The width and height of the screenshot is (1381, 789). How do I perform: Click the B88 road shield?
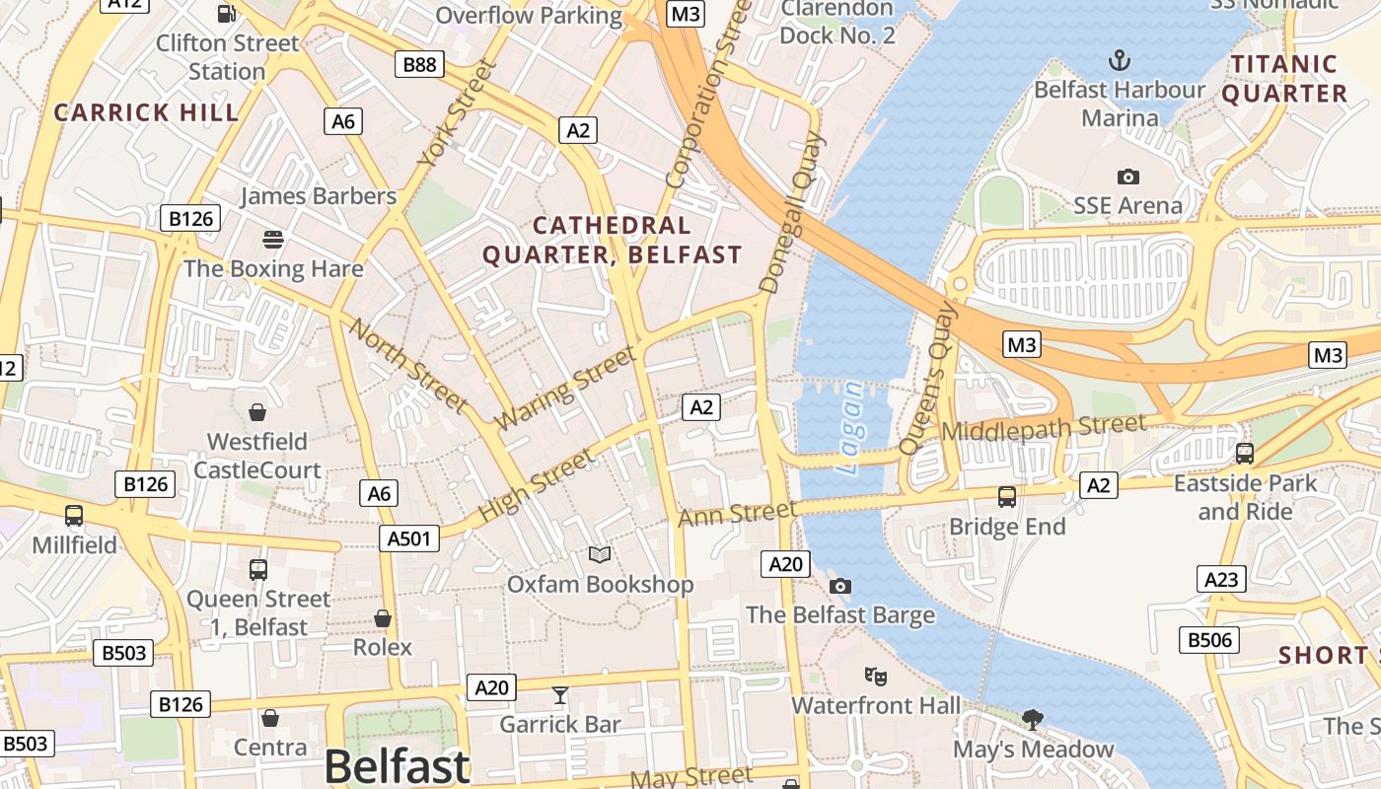click(x=420, y=65)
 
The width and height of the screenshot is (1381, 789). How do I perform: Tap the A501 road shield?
click(x=408, y=538)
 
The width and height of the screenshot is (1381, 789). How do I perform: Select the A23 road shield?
click(x=1220, y=579)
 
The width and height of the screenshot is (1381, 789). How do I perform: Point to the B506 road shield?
click(x=1209, y=640)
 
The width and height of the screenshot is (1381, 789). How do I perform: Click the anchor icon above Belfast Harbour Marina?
click(x=1119, y=61)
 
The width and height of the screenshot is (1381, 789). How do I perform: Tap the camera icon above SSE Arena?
click(x=1127, y=178)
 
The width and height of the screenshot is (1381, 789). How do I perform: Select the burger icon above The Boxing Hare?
click(x=273, y=240)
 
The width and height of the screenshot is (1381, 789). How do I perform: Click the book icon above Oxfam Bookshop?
click(x=600, y=555)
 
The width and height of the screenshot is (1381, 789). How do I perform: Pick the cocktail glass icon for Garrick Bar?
click(x=560, y=695)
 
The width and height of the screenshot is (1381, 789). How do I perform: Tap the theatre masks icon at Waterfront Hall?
click(x=875, y=677)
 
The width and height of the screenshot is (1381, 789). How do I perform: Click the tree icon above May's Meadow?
click(x=1033, y=720)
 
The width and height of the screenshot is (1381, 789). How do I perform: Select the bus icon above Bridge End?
click(x=1007, y=497)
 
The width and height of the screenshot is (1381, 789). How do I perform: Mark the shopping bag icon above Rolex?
click(x=383, y=618)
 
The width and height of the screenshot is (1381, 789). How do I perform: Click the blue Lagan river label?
click(x=850, y=429)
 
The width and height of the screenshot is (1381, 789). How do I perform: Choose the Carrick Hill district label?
click(x=147, y=112)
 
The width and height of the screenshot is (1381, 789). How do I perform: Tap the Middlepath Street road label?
click(x=1044, y=429)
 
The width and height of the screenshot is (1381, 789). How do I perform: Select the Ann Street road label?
click(x=737, y=513)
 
